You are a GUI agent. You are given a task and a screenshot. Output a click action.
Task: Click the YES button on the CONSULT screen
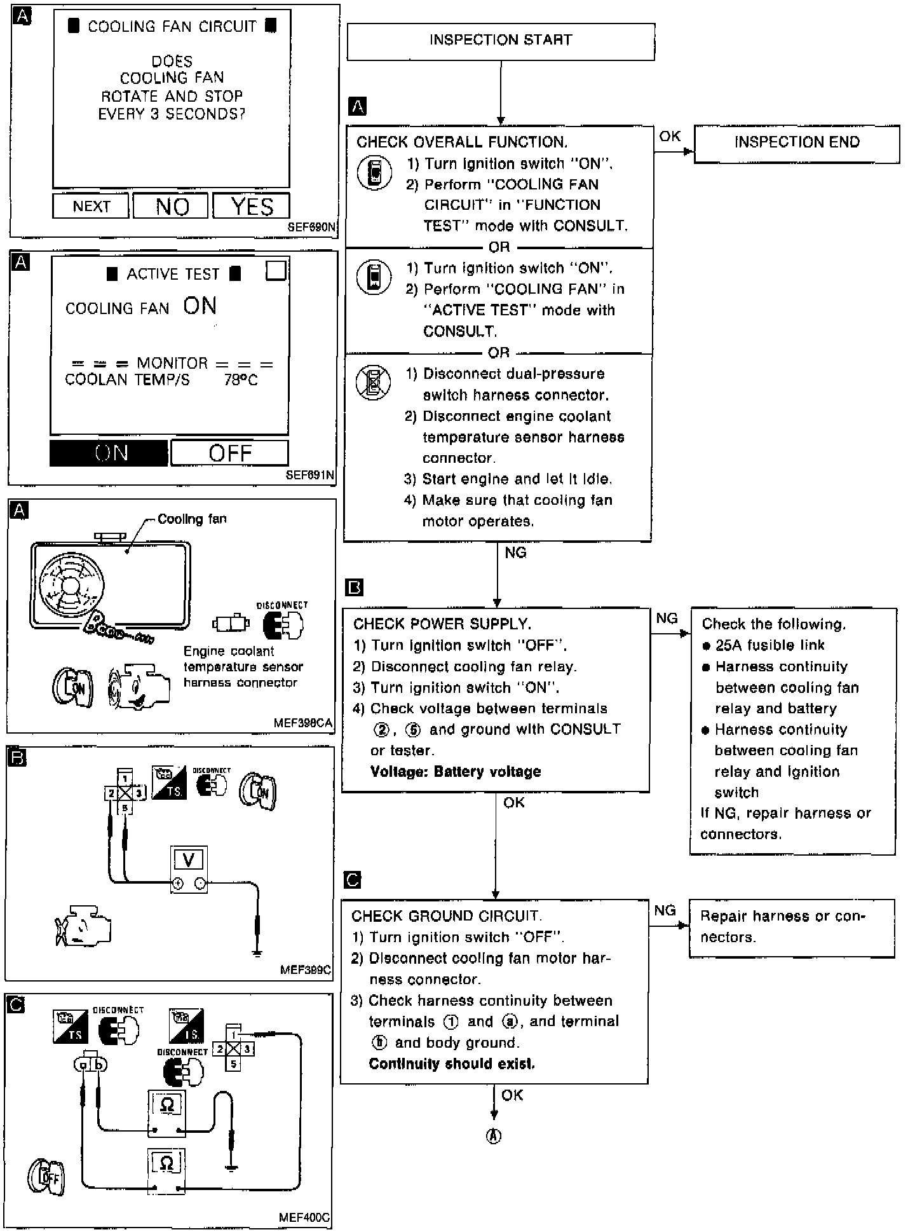(252, 207)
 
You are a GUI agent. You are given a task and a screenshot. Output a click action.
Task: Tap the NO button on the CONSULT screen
(171, 207)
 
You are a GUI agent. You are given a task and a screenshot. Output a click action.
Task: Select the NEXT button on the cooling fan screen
(91, 207)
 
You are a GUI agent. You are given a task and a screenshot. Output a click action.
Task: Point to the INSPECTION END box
(796, 143)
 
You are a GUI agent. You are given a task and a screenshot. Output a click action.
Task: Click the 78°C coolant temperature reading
(241, 380)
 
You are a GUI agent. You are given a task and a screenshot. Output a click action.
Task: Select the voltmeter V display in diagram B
(189, 860)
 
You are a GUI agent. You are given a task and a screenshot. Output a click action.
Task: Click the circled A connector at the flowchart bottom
(494, 1136)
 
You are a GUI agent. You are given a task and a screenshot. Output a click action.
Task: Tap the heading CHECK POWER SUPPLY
(442, 624)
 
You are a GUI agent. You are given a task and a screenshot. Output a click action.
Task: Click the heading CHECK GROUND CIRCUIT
(446, 916)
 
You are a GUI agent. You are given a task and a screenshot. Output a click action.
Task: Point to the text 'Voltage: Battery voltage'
(456, 772)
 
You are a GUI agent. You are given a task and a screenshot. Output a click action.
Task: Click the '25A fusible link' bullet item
(769, 645)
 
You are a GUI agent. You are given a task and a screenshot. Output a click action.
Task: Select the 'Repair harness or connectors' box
(791, 927)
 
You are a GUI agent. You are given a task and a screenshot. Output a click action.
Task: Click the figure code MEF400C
(304, 1217)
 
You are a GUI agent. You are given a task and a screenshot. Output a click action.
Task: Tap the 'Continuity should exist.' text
(452, 1064)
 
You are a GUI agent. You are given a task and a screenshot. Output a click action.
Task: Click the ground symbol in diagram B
(257, 952)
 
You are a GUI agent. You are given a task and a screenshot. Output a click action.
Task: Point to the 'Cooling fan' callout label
(191, 519)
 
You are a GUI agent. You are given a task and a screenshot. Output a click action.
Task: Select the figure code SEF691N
(310, 475)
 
